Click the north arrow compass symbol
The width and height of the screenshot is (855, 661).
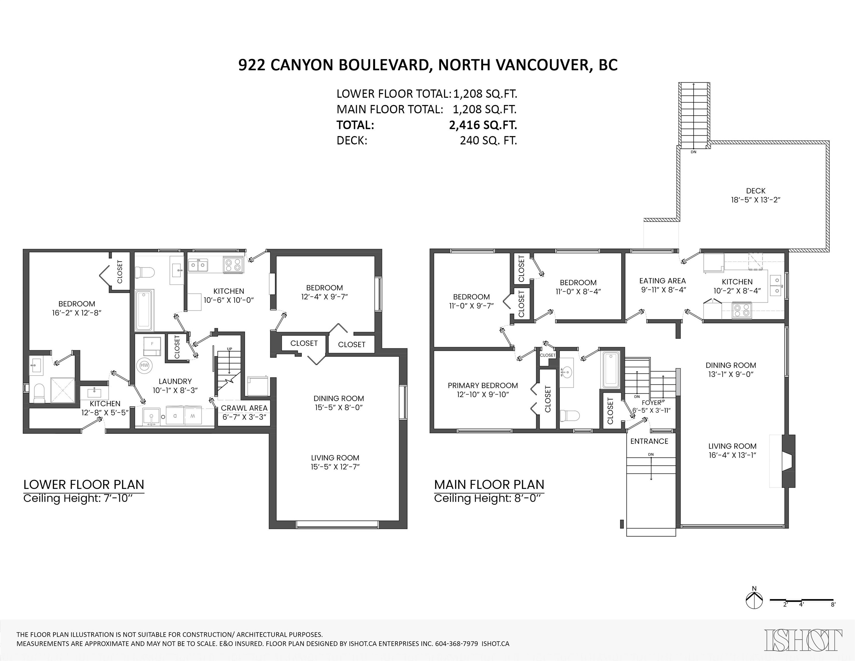[754, 601]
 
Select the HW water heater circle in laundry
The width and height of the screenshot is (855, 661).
[144, 366]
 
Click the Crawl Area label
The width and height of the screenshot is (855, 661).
[244, 408]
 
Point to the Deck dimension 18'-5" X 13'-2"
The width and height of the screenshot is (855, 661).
[755, 200]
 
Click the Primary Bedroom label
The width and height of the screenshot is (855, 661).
[483, 386]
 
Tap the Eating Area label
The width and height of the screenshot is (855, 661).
[662, 281]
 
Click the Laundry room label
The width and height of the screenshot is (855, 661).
[175, 381]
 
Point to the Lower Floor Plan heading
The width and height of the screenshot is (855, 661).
[84, 485]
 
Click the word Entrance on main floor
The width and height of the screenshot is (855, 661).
[649, 441]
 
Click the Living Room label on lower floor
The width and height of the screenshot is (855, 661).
[335, 458]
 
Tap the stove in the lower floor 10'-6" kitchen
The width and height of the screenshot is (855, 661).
[233, 265]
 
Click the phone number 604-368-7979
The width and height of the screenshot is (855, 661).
[456, 644]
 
